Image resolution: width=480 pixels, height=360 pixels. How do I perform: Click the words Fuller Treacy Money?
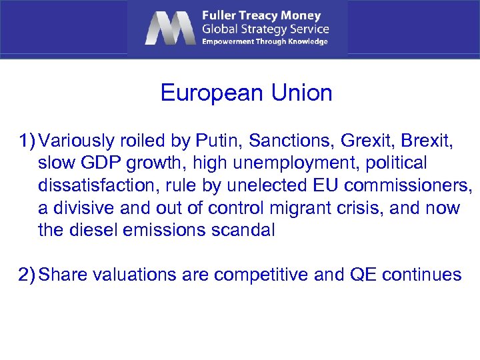(x=261, y=15)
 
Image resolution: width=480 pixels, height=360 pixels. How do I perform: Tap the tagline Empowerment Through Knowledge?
(x=265, y=41)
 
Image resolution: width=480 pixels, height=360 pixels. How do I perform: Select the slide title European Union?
(x=246, y=93)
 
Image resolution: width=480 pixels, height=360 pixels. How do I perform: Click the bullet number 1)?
(x=26, y=141)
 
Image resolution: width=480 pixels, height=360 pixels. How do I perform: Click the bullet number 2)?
(x=26, y=275)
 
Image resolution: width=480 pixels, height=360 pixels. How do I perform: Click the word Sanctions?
(x=291, y=141)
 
